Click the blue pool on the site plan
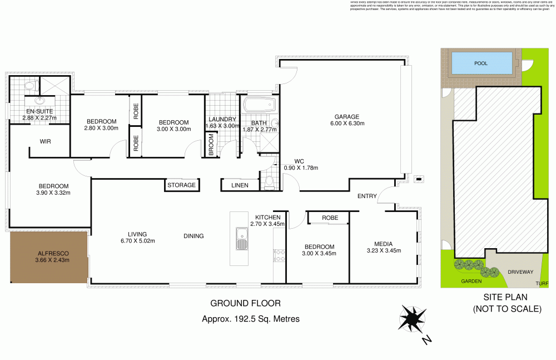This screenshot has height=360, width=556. click(481, 63)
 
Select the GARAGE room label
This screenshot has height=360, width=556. click(345, 116)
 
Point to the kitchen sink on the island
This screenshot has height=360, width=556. click(241, 238)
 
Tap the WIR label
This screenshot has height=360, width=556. click(46, 142)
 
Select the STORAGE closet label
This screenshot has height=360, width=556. click(182, 185)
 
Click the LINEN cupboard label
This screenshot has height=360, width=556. click(240, 185)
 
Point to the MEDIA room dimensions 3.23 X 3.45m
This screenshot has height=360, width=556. click(383, 250)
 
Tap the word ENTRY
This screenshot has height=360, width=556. click(367, 196)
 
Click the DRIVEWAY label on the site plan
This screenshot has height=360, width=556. click(520, 272)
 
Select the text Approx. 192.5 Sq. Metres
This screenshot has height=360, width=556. click(250, 319)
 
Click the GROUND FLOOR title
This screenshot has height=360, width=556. click(245, 304)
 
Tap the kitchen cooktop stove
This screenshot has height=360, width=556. click(279, 255)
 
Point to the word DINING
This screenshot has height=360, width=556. click(193, 236)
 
